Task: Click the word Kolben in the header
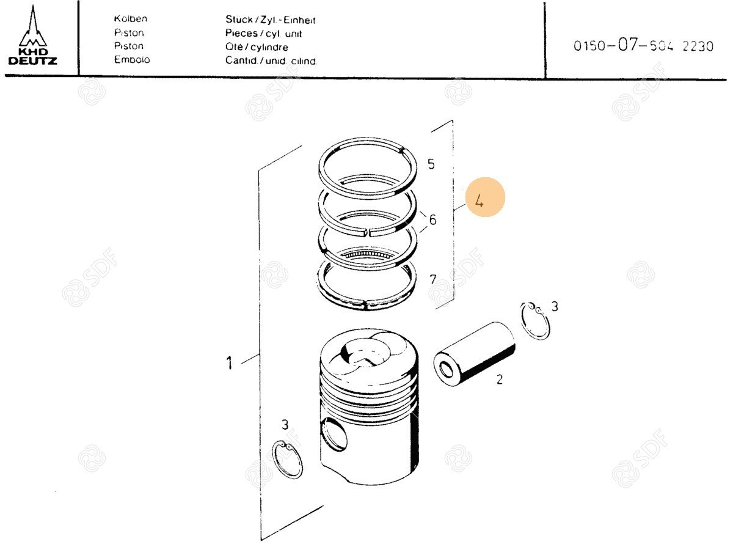click(131, 19)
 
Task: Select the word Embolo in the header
click(132, 59)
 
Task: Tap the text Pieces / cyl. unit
click(263, 34)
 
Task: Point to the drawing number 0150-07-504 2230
click(643, 45)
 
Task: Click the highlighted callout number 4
click(480, 201)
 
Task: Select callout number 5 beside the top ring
click(431, 164)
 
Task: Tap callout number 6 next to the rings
click(432, 219)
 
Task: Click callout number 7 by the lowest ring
click(433, 279)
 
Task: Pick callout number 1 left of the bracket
click(229, 363)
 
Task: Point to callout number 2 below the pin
click(499, 380)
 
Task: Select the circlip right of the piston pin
click(535, 321)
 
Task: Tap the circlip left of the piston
click(288, 460)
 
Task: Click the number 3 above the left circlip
click(285, 425)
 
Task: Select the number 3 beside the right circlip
click(555, 306)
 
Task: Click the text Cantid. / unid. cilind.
click(271, 61)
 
